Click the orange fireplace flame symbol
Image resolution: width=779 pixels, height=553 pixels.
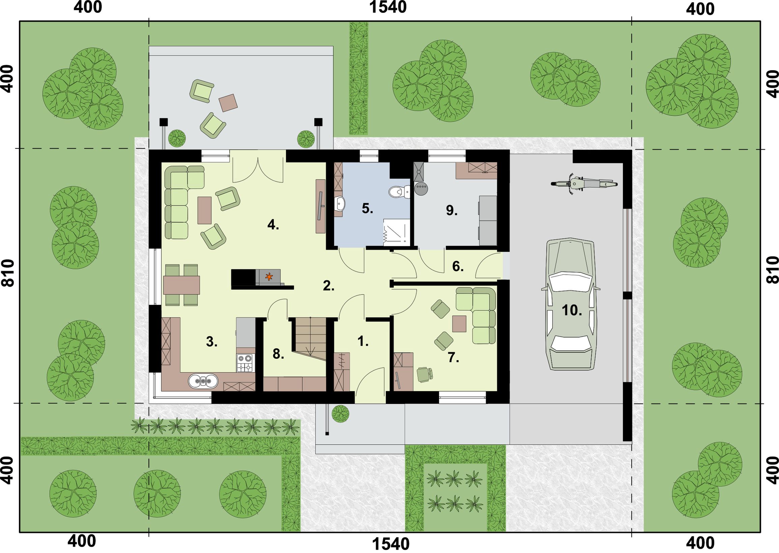coord(269,276)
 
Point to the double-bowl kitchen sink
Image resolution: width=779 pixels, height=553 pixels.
coord(203,381)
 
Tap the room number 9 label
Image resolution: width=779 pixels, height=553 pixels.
coord(452,211)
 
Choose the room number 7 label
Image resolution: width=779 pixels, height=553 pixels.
coord(453,357)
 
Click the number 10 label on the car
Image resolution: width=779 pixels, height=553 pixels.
coord(572,310)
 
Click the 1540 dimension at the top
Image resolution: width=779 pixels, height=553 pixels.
coord(388,7)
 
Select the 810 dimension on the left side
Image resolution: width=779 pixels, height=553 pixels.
coord(8,273)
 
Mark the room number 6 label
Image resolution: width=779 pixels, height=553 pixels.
coord(458,267)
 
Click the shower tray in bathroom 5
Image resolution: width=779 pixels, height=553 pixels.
coord(397,232)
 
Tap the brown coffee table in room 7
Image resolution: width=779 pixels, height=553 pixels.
coord(459,324)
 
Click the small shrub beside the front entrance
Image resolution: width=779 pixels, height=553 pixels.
coord(341,413)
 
